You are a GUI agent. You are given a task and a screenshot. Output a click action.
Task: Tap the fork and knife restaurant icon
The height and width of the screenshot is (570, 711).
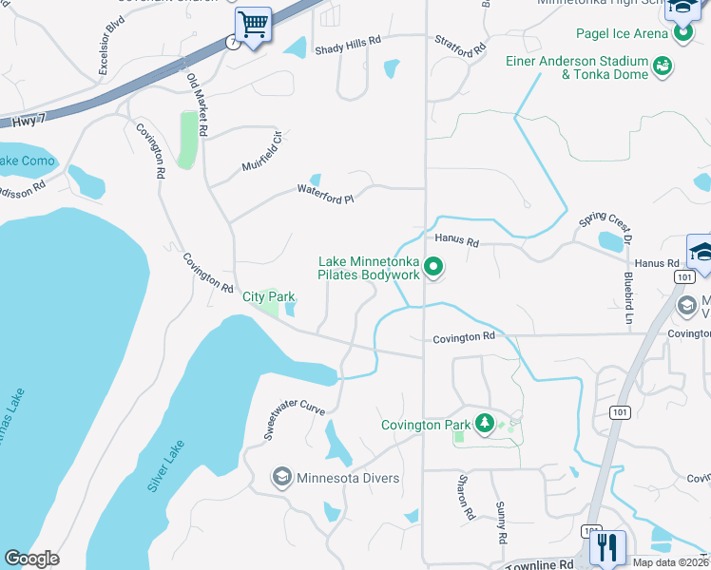coord(606,546)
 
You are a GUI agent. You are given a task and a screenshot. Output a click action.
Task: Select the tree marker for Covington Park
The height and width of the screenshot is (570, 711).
coord(485,423)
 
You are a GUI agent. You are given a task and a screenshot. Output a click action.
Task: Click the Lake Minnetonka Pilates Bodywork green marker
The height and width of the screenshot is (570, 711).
coord(433,268)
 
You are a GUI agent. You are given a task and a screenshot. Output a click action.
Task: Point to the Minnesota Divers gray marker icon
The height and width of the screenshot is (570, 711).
coord(281,477)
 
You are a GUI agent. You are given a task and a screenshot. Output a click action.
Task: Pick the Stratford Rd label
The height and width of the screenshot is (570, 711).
coord(460,46)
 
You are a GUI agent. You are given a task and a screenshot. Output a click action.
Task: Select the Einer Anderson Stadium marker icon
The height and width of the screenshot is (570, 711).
coord(663,66)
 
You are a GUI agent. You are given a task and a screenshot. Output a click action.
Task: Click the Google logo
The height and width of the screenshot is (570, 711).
coord(31,559)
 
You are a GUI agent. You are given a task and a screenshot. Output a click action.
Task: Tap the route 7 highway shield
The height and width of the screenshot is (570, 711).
coord(231,43)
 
